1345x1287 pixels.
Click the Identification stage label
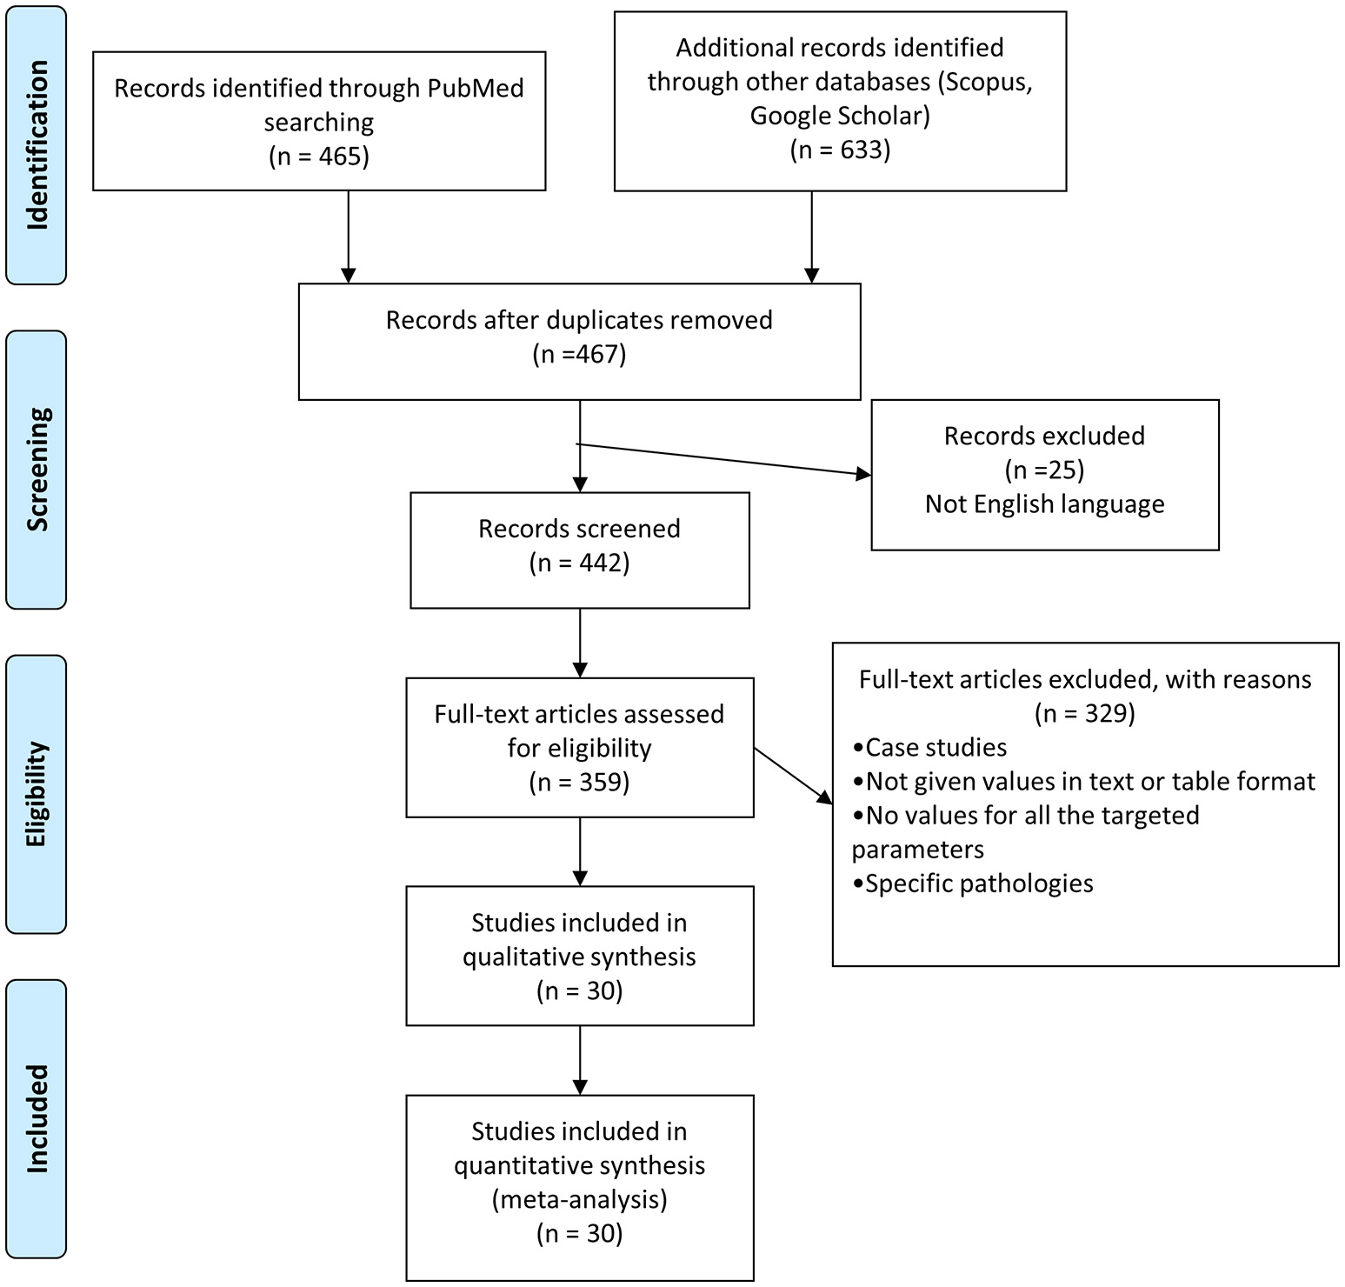pos(37,145)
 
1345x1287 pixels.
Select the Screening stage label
pos(37,470)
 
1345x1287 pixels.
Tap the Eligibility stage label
pos(37,794)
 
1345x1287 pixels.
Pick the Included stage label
pos(37,1118)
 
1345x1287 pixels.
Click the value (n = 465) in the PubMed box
pos(319,157)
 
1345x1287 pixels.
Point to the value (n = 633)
pos(840,150)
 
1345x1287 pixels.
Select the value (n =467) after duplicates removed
pos(579,355)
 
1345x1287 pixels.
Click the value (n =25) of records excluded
pos(1044,470)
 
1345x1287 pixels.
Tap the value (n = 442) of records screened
pos(579,563)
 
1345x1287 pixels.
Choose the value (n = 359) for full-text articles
pos(579,783)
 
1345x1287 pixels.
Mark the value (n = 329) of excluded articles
pos(1085,714)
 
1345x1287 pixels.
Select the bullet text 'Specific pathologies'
pos(978,884)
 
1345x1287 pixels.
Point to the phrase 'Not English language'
pos(1044,504)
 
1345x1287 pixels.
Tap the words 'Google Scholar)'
pos(840,116)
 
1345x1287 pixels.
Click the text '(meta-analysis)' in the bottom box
pos(579,1200)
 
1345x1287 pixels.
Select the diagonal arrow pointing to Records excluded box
pos(722,459)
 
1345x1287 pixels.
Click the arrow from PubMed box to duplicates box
pos(348,235)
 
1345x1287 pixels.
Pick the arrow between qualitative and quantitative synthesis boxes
pos(580,1059)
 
